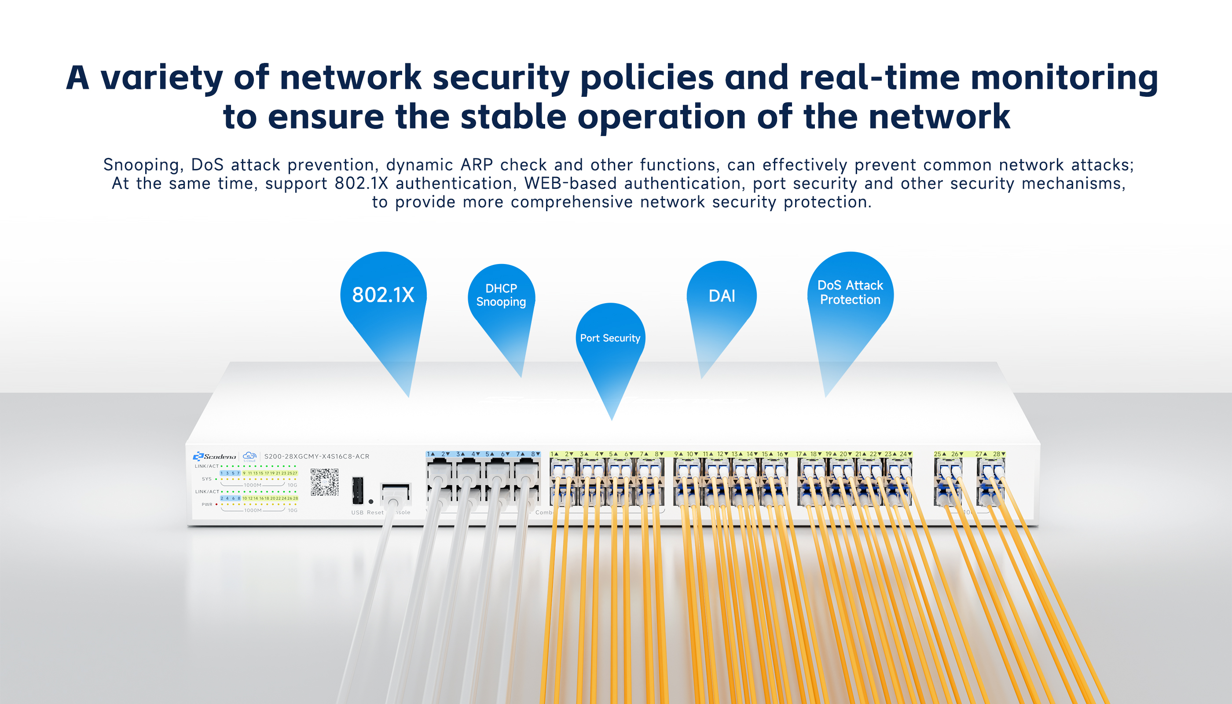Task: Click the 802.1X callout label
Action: (383, 295)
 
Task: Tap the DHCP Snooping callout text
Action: (501, 295)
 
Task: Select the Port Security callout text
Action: (610, 338)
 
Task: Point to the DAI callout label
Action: (722, 296)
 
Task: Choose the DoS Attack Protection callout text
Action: (850, 293)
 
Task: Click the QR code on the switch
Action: (324, 482)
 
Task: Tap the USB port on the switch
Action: (358, 490)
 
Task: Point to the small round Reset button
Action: (371, 502)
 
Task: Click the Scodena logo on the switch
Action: (215, 456)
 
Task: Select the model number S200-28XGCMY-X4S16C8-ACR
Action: (316, 456)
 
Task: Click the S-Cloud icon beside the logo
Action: (249, 456)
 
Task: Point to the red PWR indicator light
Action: (216, 504)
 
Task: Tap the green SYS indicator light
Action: (216, 479)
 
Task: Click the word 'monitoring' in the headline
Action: (1064, 78)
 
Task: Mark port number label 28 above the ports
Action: (996, 454)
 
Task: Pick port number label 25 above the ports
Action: (937, 454)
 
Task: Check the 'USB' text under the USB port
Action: (357, 513)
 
